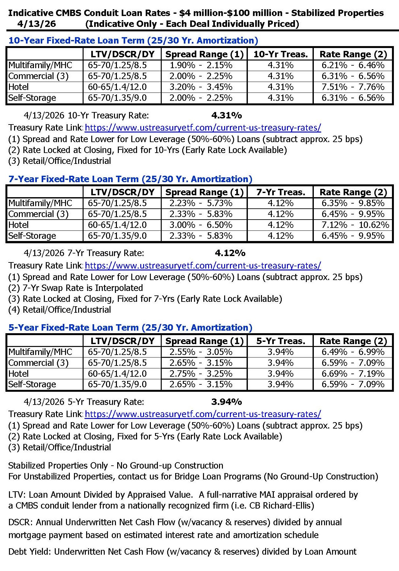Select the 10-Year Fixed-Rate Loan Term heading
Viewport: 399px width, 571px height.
[x=133, y=41]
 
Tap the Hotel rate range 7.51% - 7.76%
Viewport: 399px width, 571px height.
[x=353, y=87]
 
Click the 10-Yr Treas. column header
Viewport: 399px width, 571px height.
[x=281, y=54]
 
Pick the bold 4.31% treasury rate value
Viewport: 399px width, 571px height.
[x=226, y=116]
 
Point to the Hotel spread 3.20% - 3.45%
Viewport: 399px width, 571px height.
[x=201, y=87]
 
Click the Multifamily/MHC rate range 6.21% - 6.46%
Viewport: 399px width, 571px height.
[x=353, y=65]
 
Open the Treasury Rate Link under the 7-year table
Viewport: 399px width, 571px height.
[x=203, y=266]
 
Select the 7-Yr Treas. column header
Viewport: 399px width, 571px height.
[x=281, y=192]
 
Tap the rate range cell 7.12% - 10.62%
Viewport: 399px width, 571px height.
[x=355, y=225]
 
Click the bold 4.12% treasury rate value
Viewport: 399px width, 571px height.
[x=230, y=253]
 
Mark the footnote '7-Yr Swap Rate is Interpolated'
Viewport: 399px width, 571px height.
[x=83, y=288]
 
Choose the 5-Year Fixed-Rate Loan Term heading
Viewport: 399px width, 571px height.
[x=130, y=328]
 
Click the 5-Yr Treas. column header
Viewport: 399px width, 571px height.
[x=281, y=341]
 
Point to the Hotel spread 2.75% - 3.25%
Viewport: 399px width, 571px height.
[x=201, y=374]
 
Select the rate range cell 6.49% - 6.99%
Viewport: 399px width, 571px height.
[x=353, y=352]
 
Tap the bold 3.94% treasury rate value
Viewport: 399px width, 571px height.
[x=226, y=402]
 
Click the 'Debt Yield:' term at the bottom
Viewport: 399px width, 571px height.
[x=30, y=552]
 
